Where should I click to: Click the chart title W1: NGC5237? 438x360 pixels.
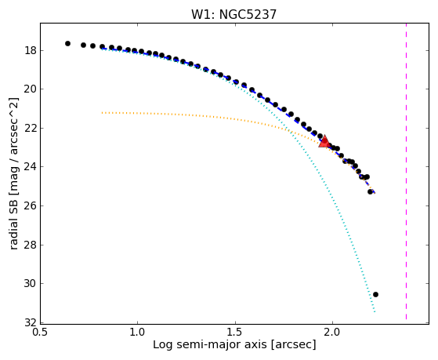233,14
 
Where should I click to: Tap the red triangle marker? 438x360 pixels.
324,141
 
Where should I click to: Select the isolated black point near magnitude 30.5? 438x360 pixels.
375,295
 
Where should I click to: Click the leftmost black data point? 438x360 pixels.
67,44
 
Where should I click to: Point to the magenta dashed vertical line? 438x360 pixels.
406,171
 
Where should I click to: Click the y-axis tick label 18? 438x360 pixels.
31,51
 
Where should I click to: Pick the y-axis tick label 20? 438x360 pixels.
31,89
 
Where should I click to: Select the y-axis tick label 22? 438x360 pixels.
31,129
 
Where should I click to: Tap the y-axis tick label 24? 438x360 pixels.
31,167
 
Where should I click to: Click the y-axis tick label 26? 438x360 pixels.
31,205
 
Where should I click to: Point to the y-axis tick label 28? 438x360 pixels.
31,245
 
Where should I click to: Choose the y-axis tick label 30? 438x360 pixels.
31,284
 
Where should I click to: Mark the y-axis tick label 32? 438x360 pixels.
31,323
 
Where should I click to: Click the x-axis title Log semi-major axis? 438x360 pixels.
210,345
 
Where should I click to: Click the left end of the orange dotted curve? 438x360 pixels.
102,113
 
